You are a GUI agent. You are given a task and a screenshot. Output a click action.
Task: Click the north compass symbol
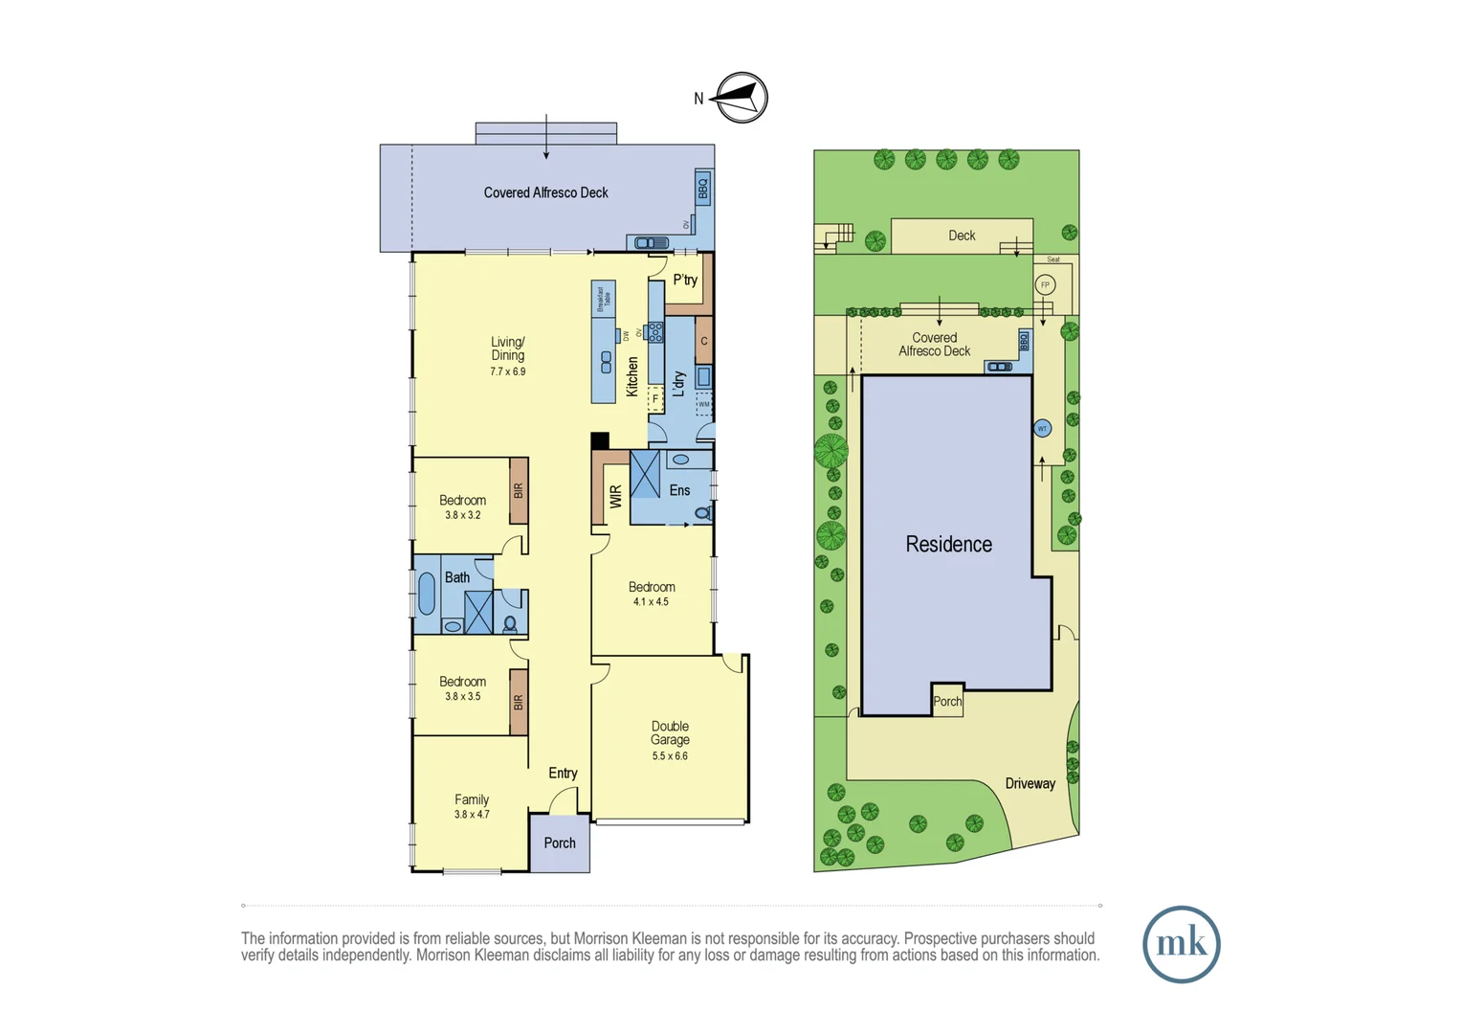click(x=742, y=98)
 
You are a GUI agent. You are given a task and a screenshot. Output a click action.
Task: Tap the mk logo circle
click(x=1181, y=944)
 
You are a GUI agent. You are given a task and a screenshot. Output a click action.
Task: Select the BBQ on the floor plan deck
click(x=703, y=188)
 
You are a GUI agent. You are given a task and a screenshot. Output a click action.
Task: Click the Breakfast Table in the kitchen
click(x=603, y=299)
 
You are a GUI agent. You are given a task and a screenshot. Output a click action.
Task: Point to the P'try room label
click(x=685, y=281)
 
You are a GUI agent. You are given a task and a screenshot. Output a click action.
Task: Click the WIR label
click(x=615, y=496)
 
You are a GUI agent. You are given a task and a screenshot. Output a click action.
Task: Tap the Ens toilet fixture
click(x=702, y=514)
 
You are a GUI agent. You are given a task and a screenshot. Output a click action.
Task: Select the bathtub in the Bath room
click(x=427, y=594)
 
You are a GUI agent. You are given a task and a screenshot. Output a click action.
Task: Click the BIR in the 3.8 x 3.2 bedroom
click(x=519, y=490)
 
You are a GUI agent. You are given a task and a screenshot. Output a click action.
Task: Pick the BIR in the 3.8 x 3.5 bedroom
click(x=519, y=702)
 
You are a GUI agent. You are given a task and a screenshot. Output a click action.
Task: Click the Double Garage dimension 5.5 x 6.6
click(x=670, y=756)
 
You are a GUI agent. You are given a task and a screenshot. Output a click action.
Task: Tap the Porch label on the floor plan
click(x=560, y=843)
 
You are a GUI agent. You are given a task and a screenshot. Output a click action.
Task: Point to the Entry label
click(x=563, y=774)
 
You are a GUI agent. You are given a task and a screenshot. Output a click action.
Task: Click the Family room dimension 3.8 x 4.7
click(x=472, y=815)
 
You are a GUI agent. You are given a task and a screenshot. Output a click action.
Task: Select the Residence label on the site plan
click(x=948, y=545)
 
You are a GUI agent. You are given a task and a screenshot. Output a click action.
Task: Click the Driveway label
click(x=1030, y=784)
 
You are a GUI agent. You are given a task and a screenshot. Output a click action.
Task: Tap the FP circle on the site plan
click(x=1045, y=285)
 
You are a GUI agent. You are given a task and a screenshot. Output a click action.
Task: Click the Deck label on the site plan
click(x=962, y=236)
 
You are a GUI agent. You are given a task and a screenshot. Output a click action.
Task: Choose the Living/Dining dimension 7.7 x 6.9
click(x=507, y=371)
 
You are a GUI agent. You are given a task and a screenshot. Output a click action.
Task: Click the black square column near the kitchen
click(x=600, y=440)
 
